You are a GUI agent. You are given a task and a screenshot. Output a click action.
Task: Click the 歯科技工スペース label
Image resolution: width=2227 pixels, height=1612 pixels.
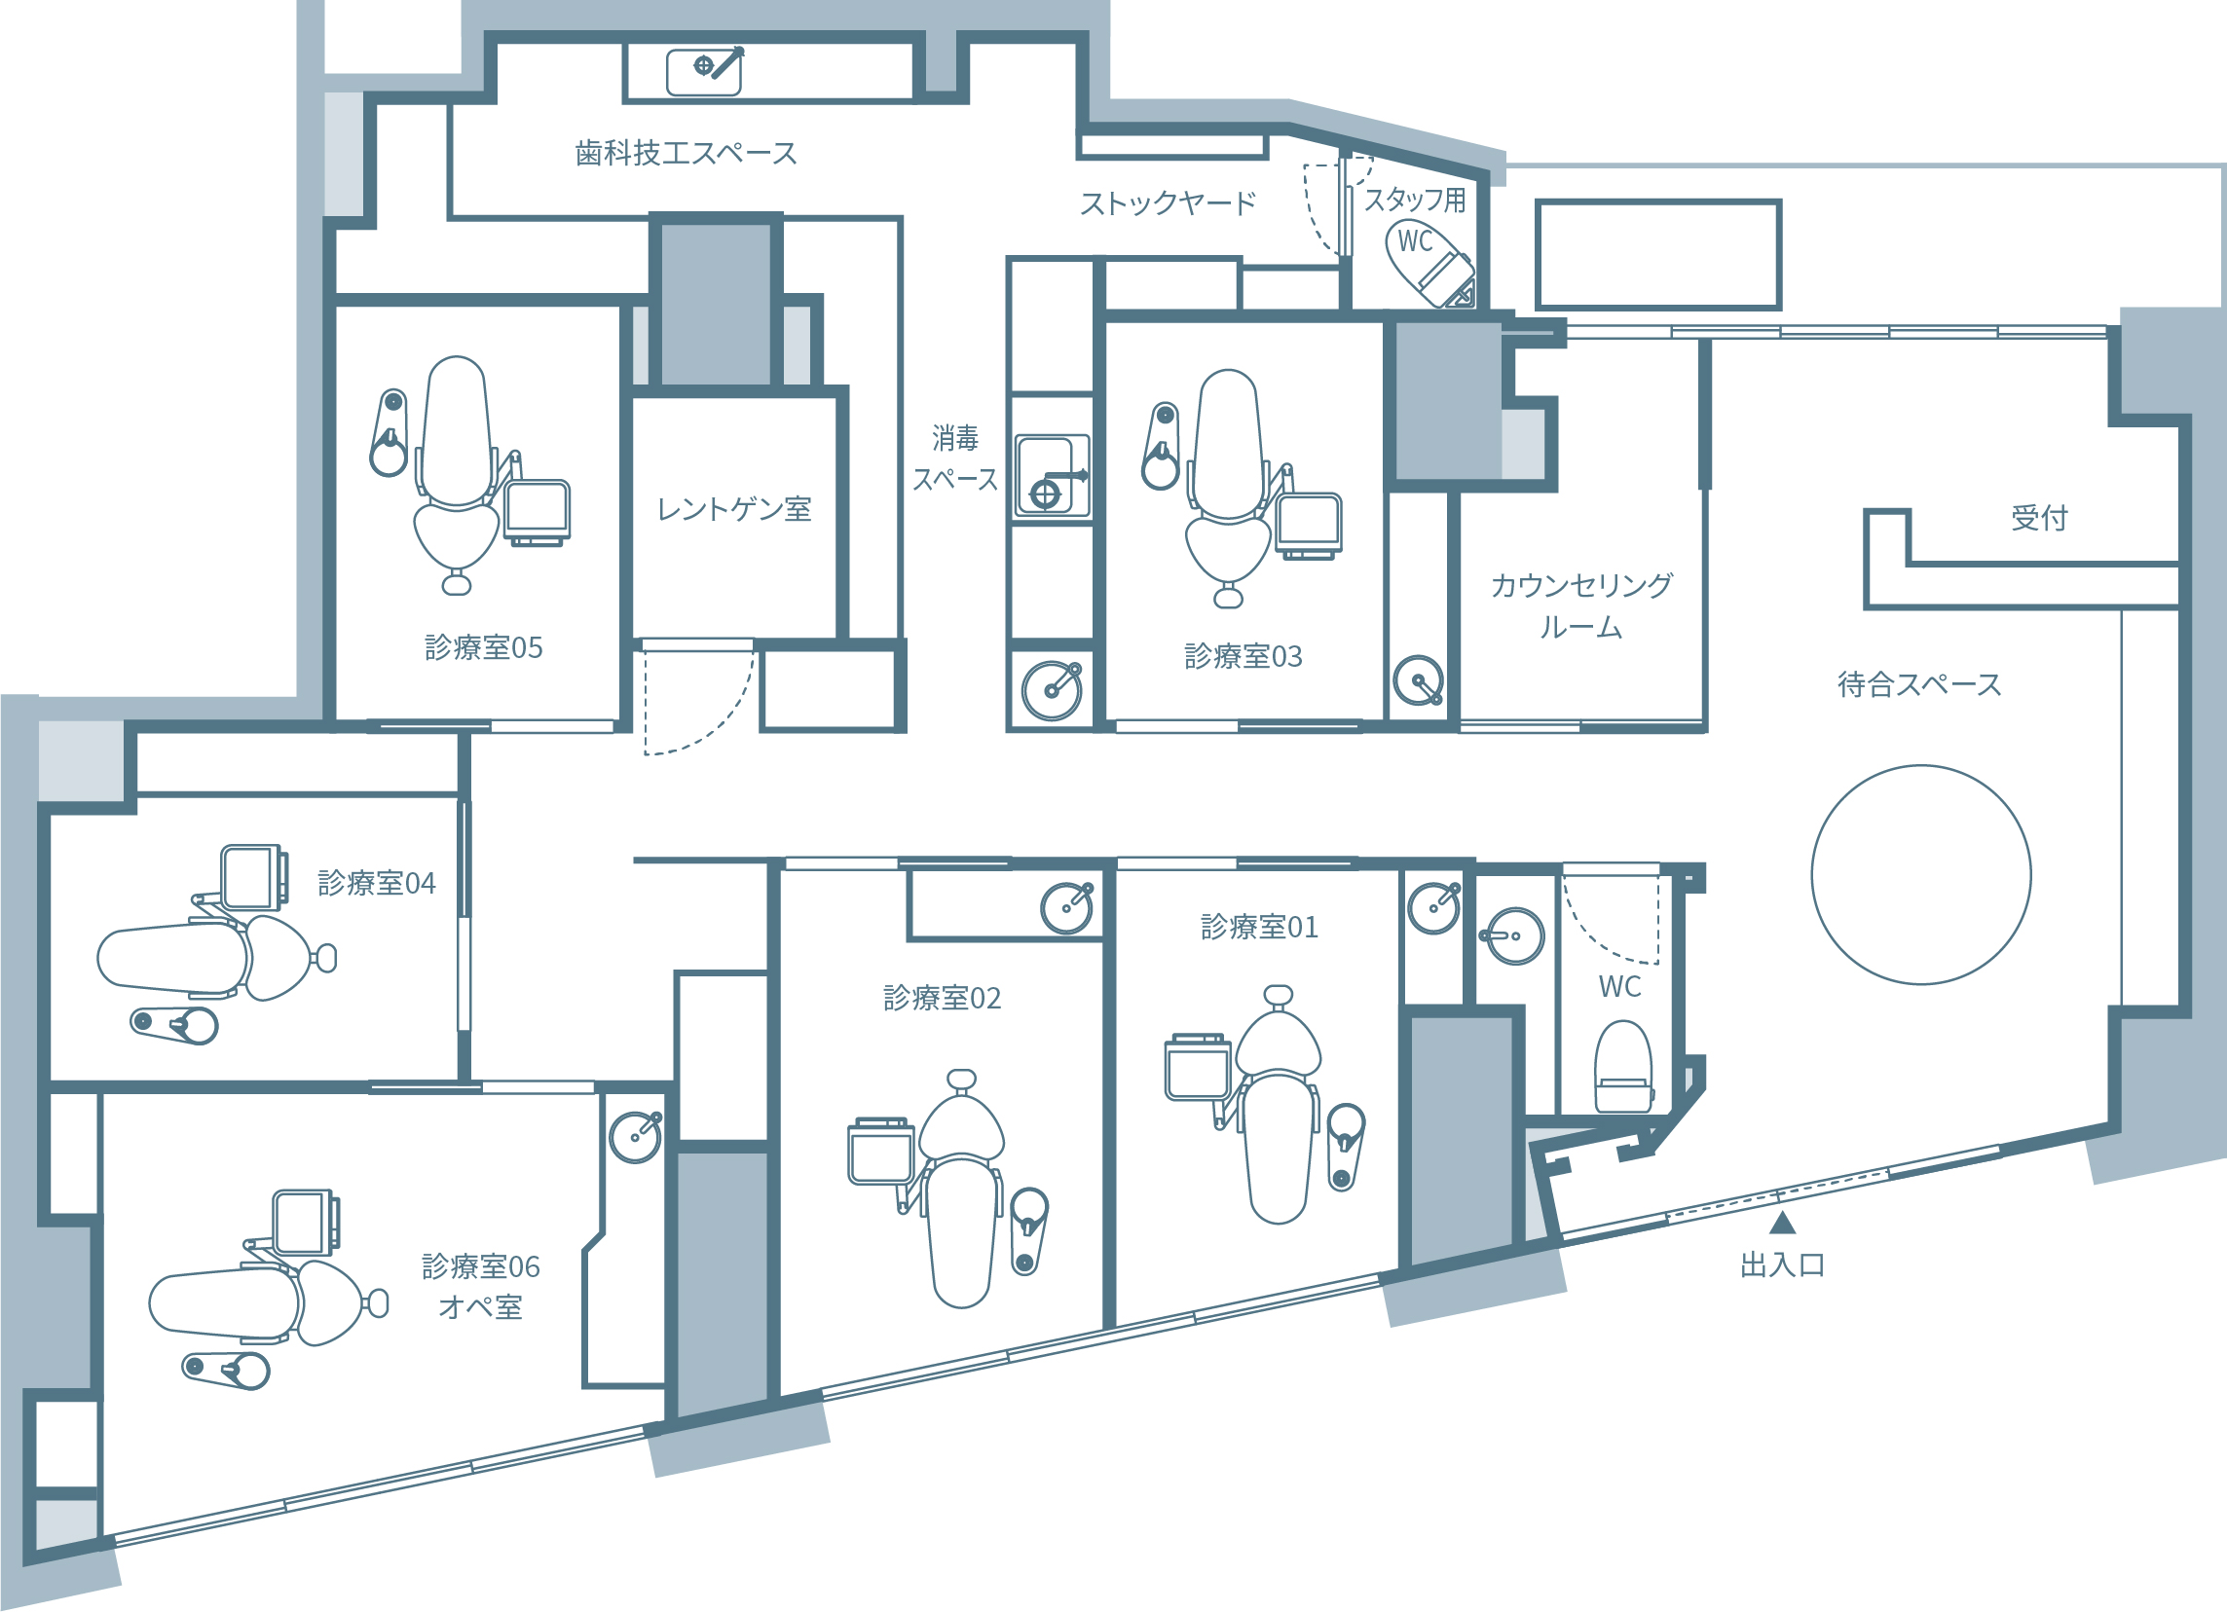pos(686,153)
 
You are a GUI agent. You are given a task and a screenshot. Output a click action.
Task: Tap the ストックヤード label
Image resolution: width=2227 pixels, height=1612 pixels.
pos(1168,203)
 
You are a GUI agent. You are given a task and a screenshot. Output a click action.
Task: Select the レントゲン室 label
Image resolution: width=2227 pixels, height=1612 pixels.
pos(734,508)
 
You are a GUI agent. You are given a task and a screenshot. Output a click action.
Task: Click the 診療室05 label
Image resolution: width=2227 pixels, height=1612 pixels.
pos(483,647)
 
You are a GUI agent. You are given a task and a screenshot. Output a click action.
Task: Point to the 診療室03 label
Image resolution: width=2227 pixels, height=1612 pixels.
pos(1243,656)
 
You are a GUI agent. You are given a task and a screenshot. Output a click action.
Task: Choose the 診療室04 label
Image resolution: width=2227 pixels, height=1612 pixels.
pos(376,883)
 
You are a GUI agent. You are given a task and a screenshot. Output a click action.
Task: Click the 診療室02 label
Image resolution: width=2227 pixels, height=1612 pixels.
pos(942,998)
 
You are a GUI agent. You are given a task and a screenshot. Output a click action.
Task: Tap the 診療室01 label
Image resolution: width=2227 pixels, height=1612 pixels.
pos(1259,927)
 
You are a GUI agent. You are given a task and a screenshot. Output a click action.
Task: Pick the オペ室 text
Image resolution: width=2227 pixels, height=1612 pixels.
pos(480,1307)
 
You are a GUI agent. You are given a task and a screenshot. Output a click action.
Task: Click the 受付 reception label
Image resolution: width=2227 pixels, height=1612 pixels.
pos(2039,517)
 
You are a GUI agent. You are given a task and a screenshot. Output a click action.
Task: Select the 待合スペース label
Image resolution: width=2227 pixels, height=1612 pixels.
pos(1919,684)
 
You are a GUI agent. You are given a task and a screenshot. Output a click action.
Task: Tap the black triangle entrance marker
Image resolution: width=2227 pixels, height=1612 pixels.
pos(1782,1224)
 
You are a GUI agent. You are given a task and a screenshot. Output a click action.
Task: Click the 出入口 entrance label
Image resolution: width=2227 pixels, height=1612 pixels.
pos(1782,1265)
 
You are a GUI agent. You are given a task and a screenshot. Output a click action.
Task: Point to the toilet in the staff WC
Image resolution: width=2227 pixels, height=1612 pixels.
pos(1429,263)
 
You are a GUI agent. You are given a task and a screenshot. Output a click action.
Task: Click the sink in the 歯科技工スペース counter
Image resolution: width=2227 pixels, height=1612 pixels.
pos(705,72)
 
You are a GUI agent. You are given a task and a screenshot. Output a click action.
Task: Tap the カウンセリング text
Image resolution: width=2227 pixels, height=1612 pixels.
pos(1580,585)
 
